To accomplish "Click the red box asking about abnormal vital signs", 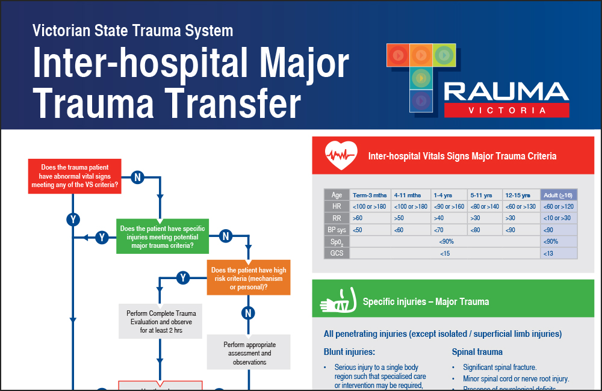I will (x=75, y=177).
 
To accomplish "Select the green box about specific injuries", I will (x=163, y=237).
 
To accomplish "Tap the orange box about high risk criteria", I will (x=249, y=279).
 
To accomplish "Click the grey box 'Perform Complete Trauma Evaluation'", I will (x=161, y=322).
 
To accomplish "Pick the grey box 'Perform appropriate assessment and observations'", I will (x=249, y=353).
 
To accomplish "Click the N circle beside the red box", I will (x=137, y=177).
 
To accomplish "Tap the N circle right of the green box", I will (x=226, y=236).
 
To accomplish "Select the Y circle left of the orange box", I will (x=184, y=277).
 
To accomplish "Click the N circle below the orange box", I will (x=248, y=313).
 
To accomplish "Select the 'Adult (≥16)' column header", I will (x=559, y=195).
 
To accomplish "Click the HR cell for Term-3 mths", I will (x=370, y=206).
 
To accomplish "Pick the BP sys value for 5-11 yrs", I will (x=485, y=230).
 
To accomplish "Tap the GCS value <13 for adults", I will (x=559, y=253).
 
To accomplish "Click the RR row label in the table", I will (x=337, y=218).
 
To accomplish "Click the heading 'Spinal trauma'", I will (x=477, y=352).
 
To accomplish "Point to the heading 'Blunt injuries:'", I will (x=349, y=352).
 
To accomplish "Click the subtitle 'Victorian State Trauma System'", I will (x=132, y=30).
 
